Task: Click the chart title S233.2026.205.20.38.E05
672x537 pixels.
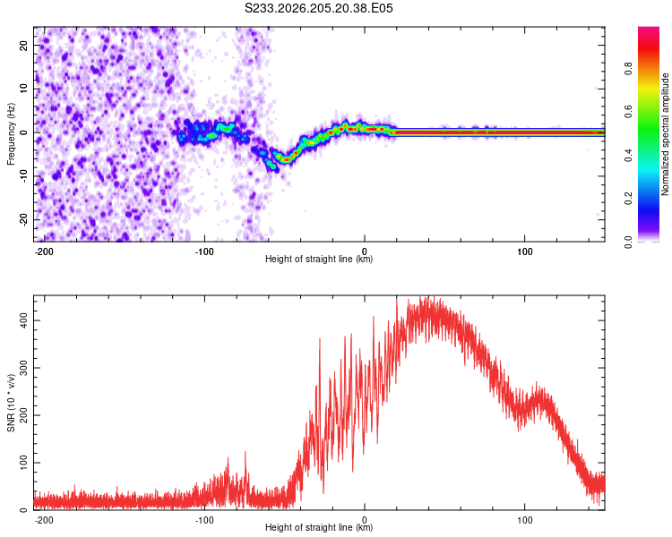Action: point(318,8)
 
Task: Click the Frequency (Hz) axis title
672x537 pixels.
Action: point(11,134)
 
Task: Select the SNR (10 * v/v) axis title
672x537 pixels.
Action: point(11,403)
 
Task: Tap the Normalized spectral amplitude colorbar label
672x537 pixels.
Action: point(665,134)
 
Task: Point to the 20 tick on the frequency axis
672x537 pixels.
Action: point(23,45)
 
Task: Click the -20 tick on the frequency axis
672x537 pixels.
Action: point(23,219)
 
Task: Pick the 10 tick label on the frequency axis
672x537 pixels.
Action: point(23,89)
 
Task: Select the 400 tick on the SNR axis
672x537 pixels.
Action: point(23,320)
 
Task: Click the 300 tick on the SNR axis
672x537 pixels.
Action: point(23,368)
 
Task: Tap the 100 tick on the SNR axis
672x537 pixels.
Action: point(23,463)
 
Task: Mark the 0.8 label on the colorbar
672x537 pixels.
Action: point(628,68)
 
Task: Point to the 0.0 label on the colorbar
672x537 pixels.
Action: point(628,242)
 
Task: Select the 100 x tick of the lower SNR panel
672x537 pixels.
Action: point(524,520)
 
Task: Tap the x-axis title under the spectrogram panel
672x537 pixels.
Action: point(319,259)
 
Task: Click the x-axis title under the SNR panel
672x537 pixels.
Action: point(319,527)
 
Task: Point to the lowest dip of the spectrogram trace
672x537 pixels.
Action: point(286,159)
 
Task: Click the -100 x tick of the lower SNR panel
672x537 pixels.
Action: point(204,520)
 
